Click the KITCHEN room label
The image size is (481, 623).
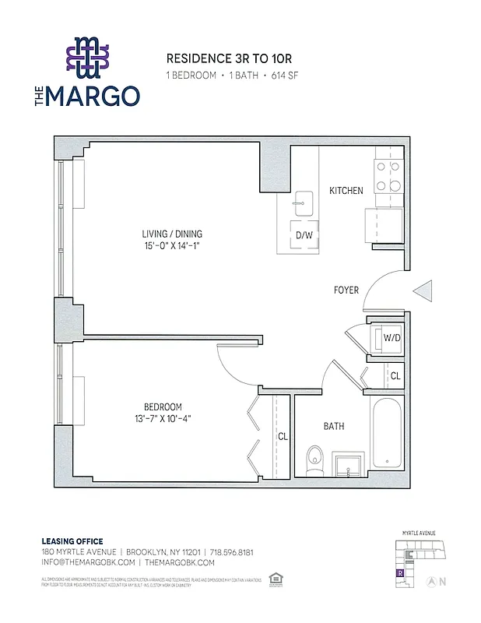pos(346,191)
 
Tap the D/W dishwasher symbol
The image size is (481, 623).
pos(304,234)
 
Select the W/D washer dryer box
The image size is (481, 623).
pos(391,338)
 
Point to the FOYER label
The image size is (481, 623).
pos(346,290)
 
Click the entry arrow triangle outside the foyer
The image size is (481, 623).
pos(423,291)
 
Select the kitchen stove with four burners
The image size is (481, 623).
pos(388,176)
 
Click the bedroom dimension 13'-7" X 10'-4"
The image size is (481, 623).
pos(162,418)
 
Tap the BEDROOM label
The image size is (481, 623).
pos(162,407)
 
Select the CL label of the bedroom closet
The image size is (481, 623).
pos(283,437)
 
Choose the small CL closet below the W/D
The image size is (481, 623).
pos(395,376)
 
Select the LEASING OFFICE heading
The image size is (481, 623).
pos(72,541)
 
